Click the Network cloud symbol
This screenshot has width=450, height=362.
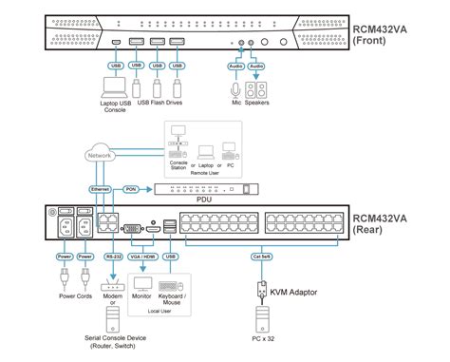coord(103,153)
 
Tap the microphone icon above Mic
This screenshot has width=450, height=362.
coord(234,92)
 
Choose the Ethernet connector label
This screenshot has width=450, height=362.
coord(100,190)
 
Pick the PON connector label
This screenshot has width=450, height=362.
coord(132,190)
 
